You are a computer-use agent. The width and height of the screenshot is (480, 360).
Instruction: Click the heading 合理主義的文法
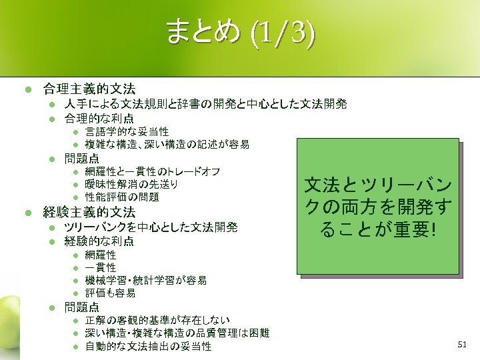pos(89,88)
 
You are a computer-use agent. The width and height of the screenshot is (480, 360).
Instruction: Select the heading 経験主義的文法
pos(89,213)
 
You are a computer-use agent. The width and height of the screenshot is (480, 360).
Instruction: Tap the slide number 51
pos(463,344)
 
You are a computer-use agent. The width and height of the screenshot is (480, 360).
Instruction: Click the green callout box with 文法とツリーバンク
pos(378,207)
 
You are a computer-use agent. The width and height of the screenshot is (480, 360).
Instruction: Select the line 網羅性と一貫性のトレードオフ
pos(153,171)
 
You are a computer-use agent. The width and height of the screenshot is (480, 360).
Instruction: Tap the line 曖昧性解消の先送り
pos(131,184)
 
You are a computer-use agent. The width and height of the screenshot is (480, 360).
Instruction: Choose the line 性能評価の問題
pos(122,197)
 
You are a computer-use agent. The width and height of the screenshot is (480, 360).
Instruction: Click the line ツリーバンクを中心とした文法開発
pos(151,227)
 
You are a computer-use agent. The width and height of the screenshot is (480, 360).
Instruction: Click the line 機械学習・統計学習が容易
pos(145,281)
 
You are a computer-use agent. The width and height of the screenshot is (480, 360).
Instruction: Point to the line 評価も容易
pos(110,293)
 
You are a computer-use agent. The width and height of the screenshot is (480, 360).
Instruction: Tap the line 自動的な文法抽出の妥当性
pos(148,347)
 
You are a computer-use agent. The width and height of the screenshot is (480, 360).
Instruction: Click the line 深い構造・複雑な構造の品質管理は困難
pos(177,333)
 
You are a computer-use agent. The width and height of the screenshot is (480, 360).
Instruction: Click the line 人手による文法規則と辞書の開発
pos(205,104)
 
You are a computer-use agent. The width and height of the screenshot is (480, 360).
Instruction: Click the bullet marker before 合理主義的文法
pos(21,88)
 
